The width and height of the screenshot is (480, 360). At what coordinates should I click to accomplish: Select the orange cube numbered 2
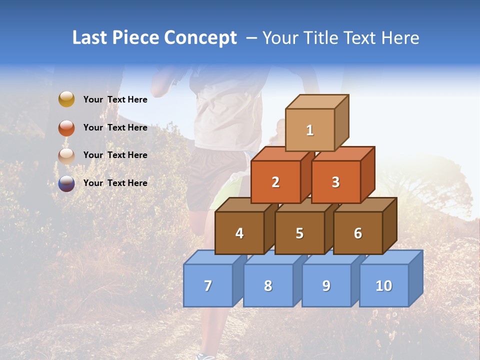(x=275, y=182)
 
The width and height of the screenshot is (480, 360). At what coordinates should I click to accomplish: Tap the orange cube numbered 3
(x=335, y=182)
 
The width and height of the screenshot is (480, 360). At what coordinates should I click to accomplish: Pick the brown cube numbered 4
(x=239, y=233)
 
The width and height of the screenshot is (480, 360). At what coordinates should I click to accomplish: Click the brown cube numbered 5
(x=299, y=233)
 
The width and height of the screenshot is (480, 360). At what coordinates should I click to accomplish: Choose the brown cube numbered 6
(x=358, y=233)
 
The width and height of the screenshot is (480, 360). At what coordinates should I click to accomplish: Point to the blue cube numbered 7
(x=208, y=285)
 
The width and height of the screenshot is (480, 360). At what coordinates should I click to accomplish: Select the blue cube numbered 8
(x=268, y=285)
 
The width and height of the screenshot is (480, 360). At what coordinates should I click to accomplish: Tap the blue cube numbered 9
(x=326, y=285)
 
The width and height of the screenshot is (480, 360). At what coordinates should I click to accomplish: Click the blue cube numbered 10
(x=383, y=285)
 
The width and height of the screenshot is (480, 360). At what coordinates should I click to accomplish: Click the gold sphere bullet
(x=66, y=99)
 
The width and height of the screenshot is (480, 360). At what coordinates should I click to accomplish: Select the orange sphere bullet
(x=66, y=128)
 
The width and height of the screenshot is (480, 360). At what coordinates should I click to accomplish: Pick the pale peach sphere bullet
(x=66, y=155)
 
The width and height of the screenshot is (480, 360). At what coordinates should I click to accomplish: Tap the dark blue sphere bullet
(x=66, y=183)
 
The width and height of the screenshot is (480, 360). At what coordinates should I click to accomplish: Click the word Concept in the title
(x=200, y=38)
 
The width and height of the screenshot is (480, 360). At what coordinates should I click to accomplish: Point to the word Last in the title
(x=90, y=38)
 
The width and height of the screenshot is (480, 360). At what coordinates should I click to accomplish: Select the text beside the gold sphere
(x=115, y=99)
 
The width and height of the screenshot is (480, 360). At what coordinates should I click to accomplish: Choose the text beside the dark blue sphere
(x=115, y=183)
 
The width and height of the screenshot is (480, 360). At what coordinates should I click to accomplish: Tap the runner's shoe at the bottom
(x=205, y=356)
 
